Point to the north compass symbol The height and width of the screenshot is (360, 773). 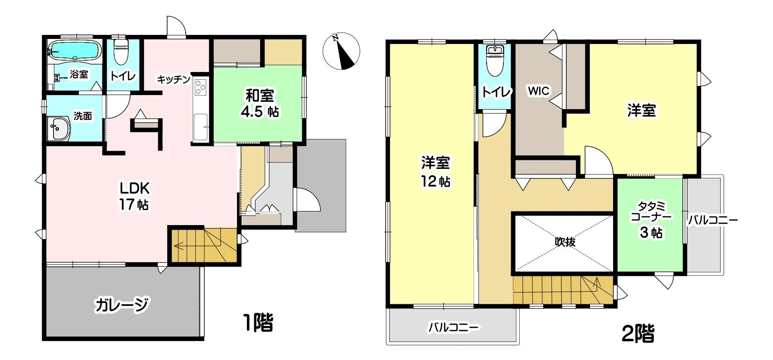(341, 51)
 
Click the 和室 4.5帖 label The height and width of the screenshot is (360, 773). (260, 103)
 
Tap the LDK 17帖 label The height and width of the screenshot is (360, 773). (134, 196)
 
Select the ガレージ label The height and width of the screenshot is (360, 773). (122, 305)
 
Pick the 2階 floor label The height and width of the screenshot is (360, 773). (638, 333)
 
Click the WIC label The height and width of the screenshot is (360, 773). (538, 91)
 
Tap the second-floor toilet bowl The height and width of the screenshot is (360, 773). (495, 61)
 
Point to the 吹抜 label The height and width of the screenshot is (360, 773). (565, 242)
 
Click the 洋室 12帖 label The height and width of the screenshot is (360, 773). (435, 172)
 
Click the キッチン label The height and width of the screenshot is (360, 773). (174, 80)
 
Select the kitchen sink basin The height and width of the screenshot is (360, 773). (200, 127)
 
